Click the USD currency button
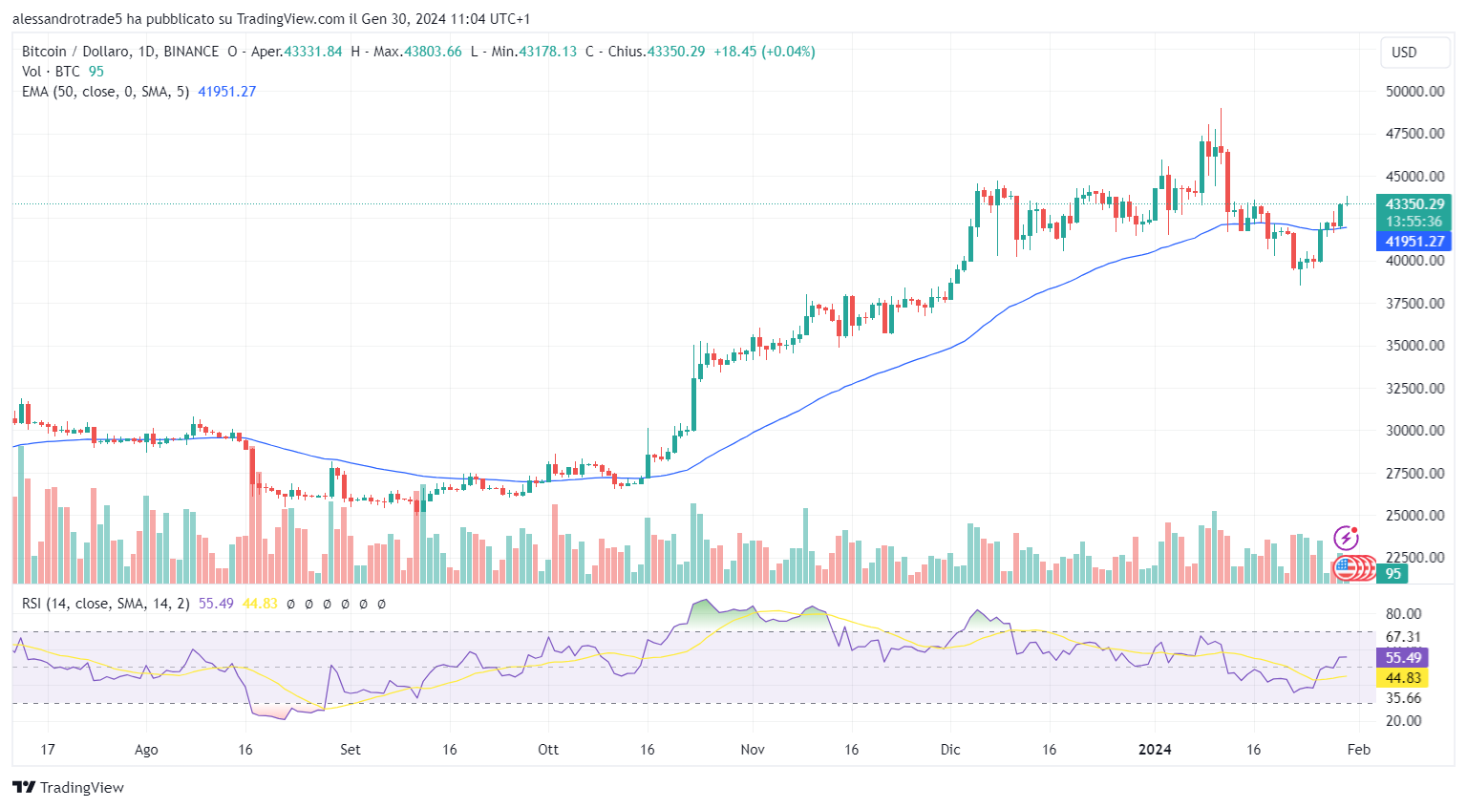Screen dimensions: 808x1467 pos(1414,53)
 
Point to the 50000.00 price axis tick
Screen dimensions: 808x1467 pos(1414,92)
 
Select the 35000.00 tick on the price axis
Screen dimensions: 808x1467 pos(1414,346)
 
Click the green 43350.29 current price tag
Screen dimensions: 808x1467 pos(1414,204)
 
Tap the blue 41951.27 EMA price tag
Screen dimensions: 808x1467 pos(1414,242)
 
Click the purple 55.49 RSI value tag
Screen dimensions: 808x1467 pos(1403,658)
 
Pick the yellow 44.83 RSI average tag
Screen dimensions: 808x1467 pos(1403,678)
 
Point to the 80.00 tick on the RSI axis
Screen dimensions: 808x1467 pos(1403,614)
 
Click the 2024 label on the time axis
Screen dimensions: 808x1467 pos(1155,750)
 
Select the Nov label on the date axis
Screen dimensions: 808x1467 pos(753,750)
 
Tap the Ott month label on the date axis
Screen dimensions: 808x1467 pos(548,750)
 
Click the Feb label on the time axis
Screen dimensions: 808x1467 pos(1358,750)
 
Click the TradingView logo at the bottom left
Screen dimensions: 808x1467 pos(68,787)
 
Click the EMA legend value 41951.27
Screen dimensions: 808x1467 pos(226,92)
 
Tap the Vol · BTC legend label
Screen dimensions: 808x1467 pos(51,72)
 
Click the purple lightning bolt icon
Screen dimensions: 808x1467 pos(1346,538)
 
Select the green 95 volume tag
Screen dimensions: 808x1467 pos(1393,574)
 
